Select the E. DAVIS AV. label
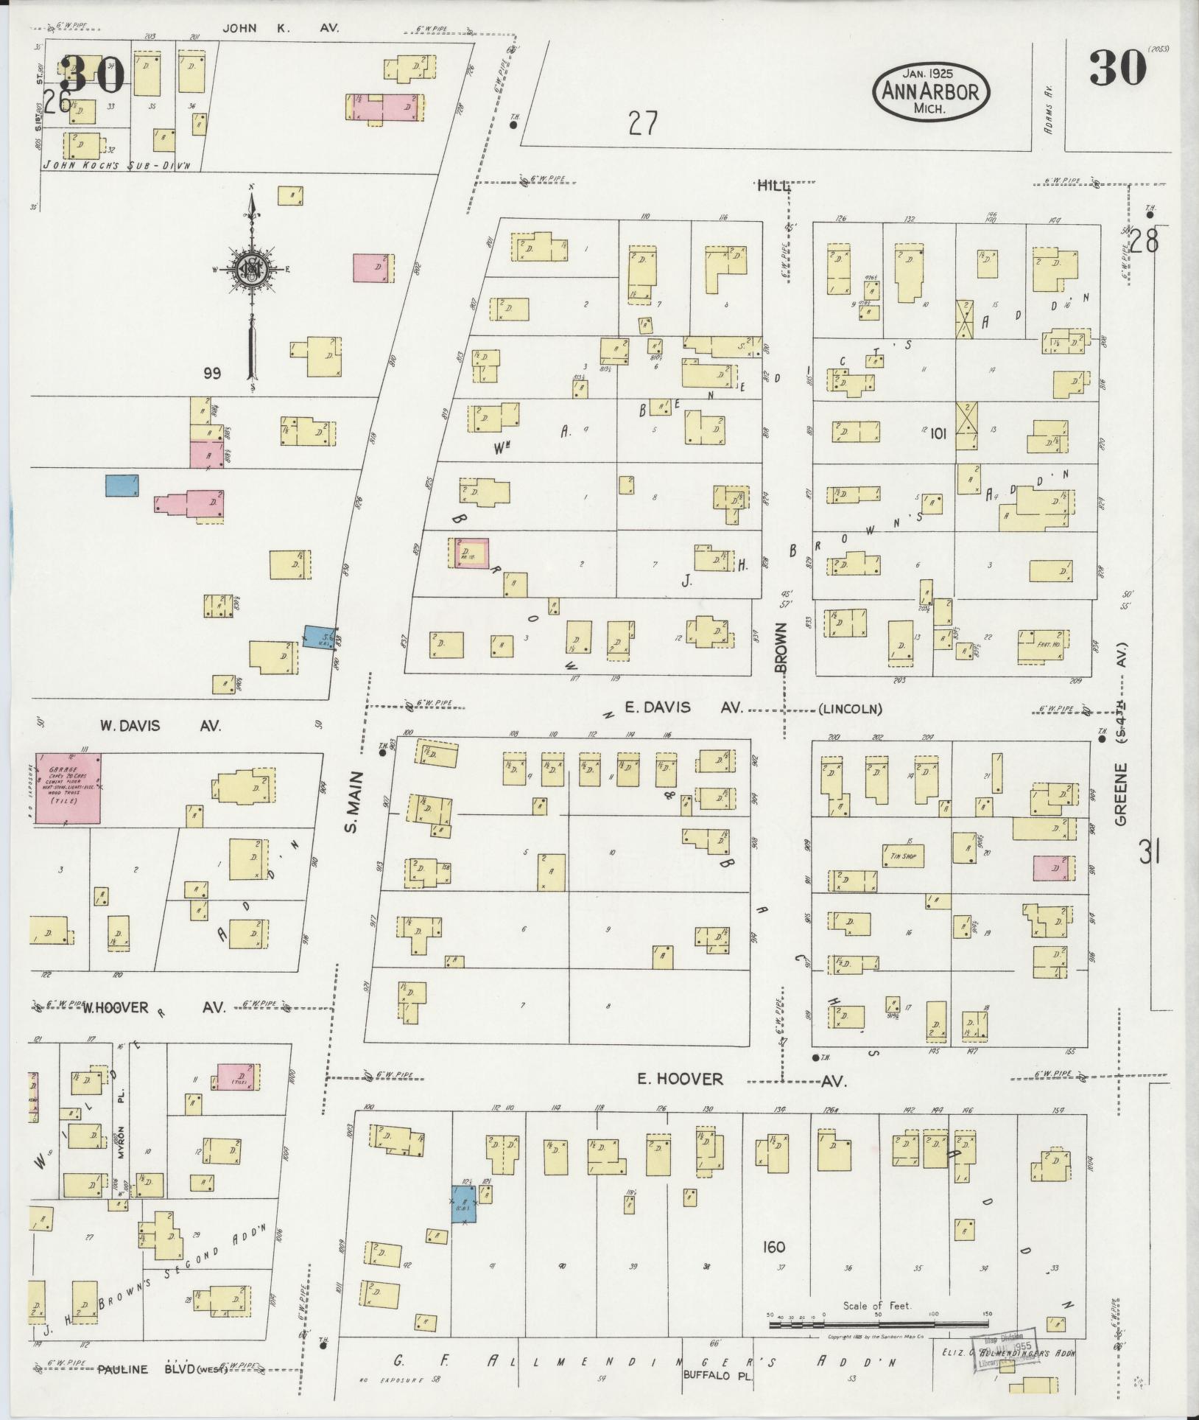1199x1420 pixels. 682,707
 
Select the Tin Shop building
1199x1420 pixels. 902,856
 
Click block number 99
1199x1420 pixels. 213,373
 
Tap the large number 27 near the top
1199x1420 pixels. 642,123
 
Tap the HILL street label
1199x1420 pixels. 773,186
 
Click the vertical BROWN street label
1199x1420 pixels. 781,648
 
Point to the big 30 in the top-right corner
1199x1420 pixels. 1118,69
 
